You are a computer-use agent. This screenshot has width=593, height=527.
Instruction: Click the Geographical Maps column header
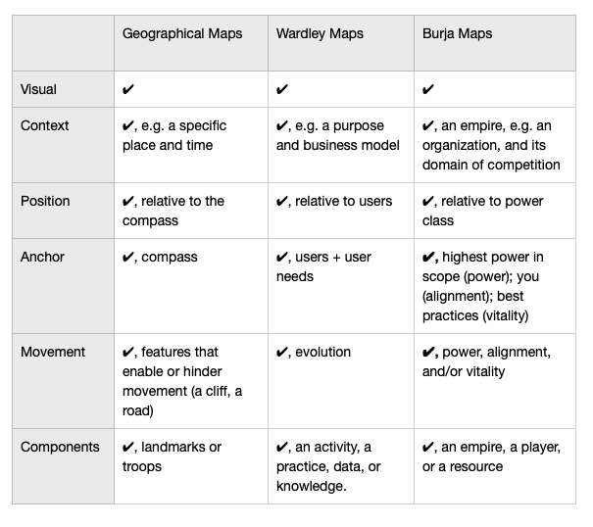click(182, 34)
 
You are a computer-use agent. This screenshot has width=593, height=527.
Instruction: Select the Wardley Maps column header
click(320, 34)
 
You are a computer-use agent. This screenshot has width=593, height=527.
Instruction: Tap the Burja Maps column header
click(457, 34)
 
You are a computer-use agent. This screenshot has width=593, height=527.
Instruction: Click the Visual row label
click(38, 89)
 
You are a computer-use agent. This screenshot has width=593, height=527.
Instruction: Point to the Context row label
click(45, 126)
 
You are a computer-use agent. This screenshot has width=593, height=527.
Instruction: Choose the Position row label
click(45, 201)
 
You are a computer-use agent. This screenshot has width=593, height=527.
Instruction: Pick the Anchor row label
click(42, 257)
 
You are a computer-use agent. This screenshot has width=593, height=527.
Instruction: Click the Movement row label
click(53, 352)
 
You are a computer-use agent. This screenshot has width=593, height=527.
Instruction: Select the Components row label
click(60, 448)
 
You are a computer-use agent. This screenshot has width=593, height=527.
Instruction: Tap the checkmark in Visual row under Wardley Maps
click(281, 89)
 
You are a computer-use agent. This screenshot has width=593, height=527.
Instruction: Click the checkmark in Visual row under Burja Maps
click(427, 89)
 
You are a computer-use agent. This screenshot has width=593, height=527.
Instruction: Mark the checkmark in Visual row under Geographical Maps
click(128, 89)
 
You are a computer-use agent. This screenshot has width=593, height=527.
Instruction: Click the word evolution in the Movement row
click(322, 352)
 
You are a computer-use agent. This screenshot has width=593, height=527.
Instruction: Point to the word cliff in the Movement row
click(216, 391)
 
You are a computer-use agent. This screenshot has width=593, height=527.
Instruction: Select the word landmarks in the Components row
click(173, 447)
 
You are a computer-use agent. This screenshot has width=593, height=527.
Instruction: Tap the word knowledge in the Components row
click(310, 486)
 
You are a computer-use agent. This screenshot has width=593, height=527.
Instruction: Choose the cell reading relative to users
click(334, 201)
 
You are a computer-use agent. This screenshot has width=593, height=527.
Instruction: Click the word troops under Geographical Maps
click(142, 467)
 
